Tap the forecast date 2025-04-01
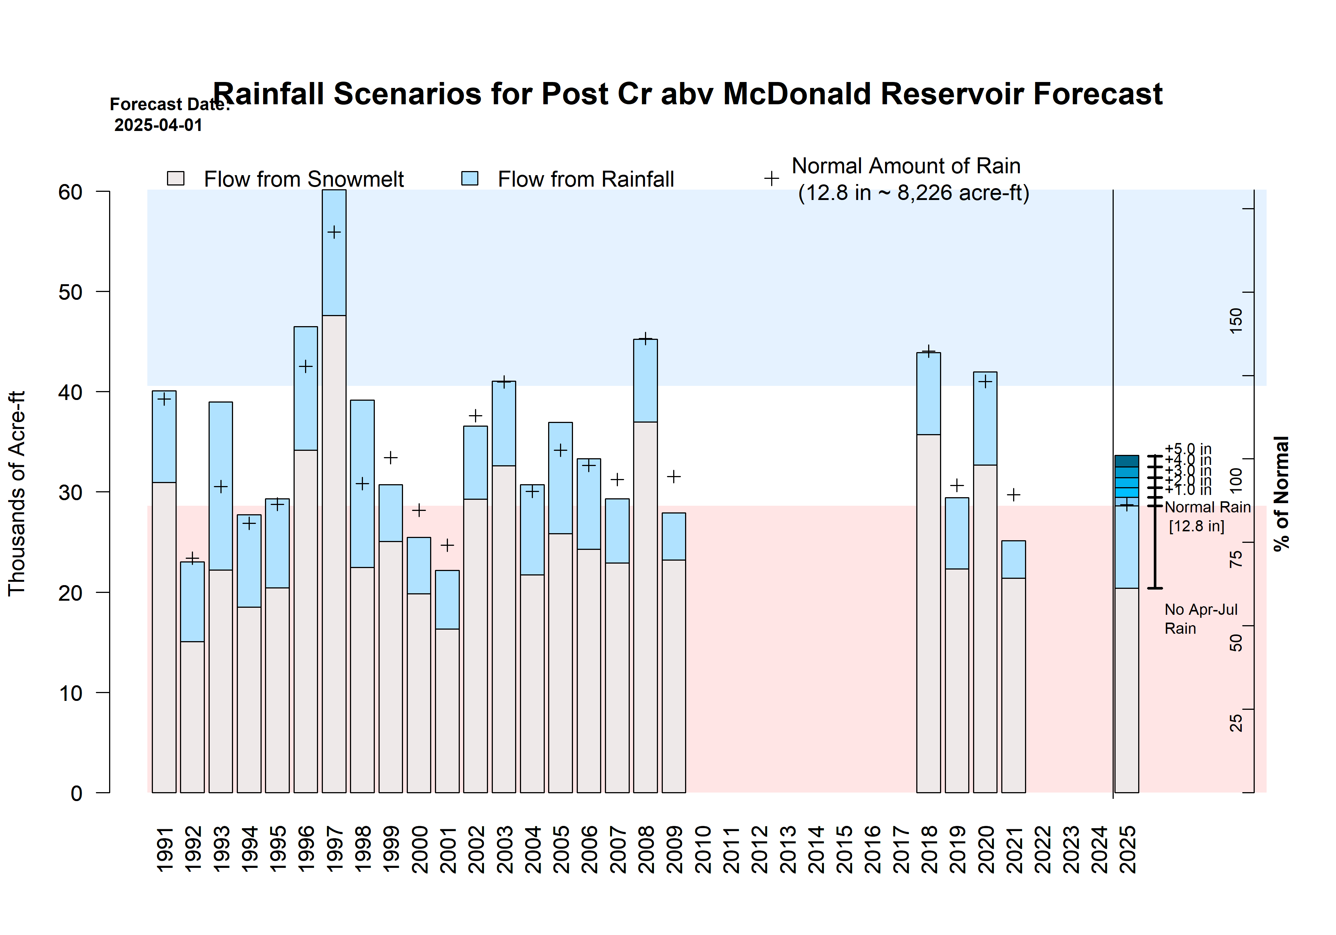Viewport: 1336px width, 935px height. point(158,125)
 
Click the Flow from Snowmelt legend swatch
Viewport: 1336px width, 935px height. point(176,178)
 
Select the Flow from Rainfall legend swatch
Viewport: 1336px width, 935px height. point(469,178)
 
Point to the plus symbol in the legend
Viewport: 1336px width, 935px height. point(771,178)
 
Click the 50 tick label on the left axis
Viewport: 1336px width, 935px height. point(71,292)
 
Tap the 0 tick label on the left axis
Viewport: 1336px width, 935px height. point(76,793)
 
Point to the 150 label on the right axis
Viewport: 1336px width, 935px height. point(1235,321)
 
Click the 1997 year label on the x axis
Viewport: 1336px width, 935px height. point(335,849)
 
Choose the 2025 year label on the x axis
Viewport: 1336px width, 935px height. point(1128,849)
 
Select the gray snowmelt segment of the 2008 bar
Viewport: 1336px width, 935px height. point(645,605)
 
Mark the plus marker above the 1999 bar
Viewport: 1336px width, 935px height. point(390,457)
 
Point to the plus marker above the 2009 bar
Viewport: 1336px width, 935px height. point(674,476)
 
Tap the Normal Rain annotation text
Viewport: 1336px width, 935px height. point(1207,507)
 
